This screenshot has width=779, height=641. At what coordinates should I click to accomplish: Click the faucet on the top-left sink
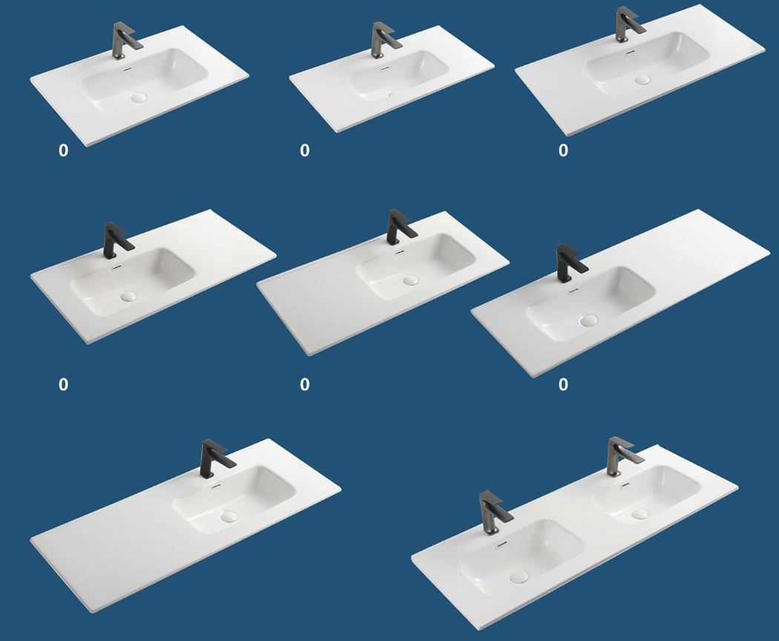123,41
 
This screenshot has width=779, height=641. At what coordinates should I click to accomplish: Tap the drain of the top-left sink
139,97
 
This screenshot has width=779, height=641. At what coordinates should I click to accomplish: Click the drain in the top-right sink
642,79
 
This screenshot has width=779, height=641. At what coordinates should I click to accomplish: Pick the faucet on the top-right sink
626,24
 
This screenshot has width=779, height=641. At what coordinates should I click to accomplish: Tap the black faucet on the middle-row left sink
115,240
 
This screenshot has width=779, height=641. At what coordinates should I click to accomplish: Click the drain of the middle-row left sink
128,297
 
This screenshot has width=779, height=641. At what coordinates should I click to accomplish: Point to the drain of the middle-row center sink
411,280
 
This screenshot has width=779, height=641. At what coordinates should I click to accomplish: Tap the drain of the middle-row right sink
589,320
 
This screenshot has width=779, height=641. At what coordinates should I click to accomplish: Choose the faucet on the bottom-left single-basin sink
214,459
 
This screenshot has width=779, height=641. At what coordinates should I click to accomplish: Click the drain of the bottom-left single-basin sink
229,516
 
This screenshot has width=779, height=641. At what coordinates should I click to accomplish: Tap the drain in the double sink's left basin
519,577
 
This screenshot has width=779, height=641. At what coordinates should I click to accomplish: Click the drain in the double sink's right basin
640,514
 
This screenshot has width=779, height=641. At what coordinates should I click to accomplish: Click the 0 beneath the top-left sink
63,150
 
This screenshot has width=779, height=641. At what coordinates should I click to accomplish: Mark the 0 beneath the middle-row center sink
304,384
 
